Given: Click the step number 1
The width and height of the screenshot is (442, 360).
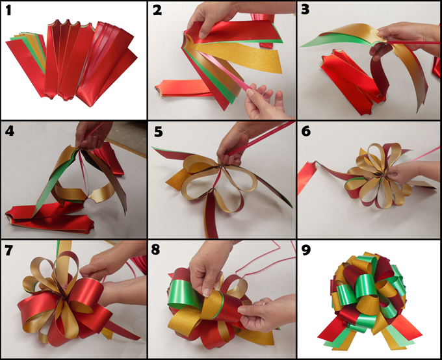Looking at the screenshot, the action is (8, 10).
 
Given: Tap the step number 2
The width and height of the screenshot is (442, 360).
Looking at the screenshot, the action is (157, 10).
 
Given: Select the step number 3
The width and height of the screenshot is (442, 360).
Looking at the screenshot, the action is (305, 9).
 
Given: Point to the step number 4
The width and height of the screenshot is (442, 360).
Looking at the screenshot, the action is (10, 131).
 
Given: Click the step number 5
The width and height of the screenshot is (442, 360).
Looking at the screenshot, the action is (158, 132).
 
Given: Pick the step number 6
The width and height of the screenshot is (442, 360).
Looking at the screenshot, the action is (306, 131).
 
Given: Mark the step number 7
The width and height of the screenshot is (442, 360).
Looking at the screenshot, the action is (8, 250).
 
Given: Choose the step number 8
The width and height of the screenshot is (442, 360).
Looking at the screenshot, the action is (155, 250).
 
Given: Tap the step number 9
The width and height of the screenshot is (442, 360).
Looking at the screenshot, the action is (306, 250).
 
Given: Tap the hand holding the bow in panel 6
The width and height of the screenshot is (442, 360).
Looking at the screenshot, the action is (406, 172).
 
